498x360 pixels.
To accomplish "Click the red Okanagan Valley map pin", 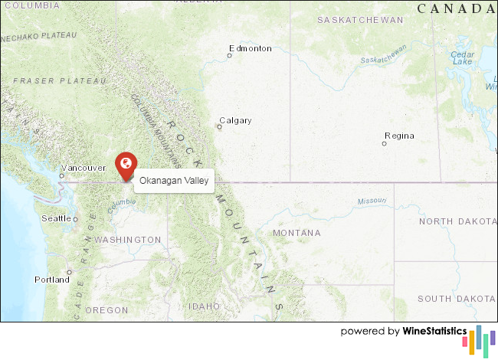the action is click(126, 165).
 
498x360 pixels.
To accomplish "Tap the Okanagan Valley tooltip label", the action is click(174, 181).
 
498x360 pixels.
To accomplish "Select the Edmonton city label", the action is click(250, 48).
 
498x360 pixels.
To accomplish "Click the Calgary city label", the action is click(235, 120).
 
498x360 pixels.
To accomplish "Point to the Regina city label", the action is click(399, 136).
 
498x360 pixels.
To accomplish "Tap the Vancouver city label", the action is click(83, 168).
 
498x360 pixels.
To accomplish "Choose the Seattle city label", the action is click(55, 218).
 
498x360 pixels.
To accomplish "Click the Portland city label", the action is click(51, 280).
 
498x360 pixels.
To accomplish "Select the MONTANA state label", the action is click(297, 232).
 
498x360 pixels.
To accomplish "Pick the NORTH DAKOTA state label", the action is click(457, 221).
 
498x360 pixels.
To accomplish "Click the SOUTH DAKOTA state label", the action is click(457, 298).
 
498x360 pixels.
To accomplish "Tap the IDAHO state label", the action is click(205, 306).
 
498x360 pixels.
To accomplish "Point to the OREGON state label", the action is click(106, 309).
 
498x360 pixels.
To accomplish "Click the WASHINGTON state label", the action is click(128, 240).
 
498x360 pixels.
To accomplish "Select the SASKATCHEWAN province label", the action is click(360, 20).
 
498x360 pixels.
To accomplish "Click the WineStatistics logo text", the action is click(435, 332).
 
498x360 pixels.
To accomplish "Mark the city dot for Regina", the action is click(385, 143).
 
